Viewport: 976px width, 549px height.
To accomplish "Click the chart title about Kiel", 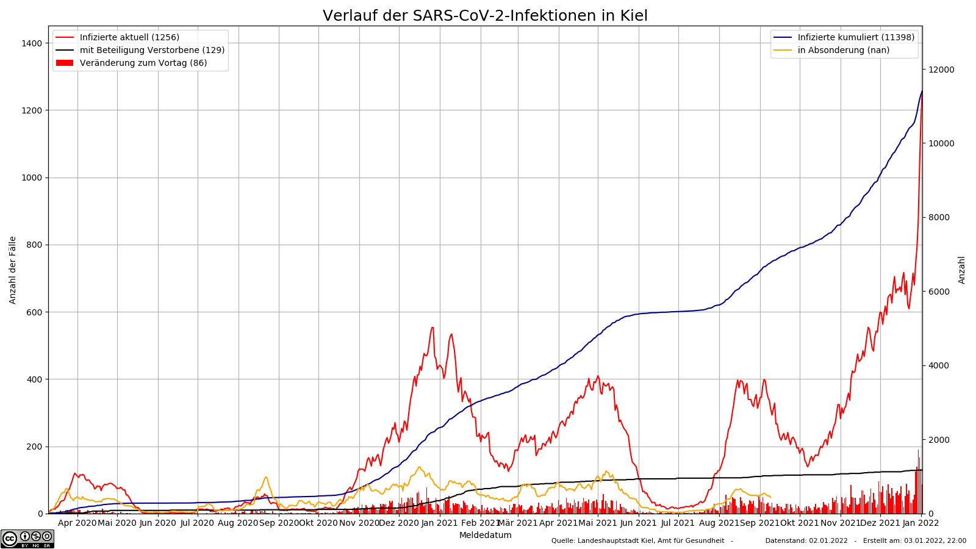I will click(485, 16).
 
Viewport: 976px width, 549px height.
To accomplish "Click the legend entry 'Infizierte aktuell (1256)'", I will click(129, 37).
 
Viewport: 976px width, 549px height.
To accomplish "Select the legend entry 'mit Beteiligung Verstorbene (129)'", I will click(152, 50).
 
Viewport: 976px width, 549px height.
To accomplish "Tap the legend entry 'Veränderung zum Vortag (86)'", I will click(143, 63).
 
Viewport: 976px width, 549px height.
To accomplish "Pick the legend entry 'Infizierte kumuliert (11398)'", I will click(856, 37).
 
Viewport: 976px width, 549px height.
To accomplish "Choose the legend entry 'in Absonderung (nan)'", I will click(843, 50).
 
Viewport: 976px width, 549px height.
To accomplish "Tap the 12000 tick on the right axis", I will click(941, 70).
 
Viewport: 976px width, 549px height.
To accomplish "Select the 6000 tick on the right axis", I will click(939, 292).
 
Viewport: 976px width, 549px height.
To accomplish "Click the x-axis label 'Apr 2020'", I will click(77, 523).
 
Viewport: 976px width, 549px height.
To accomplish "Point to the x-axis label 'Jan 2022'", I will click(920, 523).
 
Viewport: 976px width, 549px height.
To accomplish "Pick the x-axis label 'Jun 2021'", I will click(638, 523).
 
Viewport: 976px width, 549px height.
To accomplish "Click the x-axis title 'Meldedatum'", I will click(485, 535).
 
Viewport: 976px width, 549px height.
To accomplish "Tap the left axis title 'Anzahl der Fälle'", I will click(13, 270).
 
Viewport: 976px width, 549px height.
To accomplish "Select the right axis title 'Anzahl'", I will click(962, 270).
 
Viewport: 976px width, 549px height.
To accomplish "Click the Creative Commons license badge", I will click(27, 539).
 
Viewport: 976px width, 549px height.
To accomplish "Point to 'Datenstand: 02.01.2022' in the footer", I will click(806, 540).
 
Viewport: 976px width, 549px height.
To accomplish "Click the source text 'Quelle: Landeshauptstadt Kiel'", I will click(637, 540).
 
